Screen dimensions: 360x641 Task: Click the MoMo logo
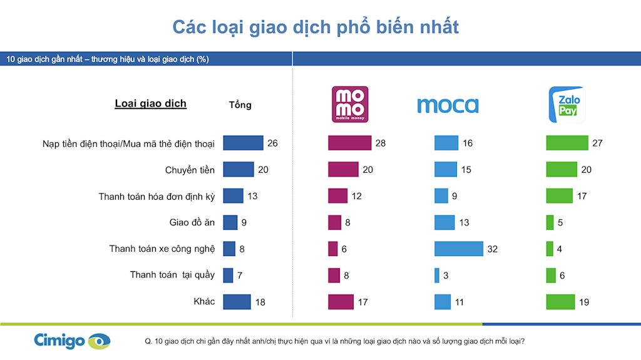(350, 104)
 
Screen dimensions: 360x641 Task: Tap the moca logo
(448, 105)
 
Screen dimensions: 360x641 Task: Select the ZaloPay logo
(567, 105)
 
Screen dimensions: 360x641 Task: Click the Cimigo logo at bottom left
(72, 341)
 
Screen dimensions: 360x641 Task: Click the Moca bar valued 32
(459, 249)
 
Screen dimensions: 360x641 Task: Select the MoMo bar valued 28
(349, 143)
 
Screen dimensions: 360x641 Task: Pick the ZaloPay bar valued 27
(567, 143)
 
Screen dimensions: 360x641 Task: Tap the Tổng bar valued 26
(243, 143)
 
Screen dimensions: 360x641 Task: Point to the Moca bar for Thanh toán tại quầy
(437, 275)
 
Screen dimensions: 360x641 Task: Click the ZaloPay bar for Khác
(561, 302)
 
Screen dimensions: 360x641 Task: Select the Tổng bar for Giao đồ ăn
(230, 222)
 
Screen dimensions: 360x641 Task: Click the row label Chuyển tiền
(190, 170)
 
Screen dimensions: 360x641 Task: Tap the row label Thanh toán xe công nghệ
(162, 249)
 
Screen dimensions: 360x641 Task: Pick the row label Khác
(204, 301)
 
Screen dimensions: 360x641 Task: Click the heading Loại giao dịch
(150, 103)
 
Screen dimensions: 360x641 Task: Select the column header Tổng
(240, 105)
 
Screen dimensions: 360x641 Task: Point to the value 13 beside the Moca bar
(464, 222)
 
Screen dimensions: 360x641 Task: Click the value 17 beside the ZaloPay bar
(582, 196)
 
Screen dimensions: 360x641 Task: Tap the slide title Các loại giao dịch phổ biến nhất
(315, 27)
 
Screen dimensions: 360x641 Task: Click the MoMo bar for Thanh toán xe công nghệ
(332, 249)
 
